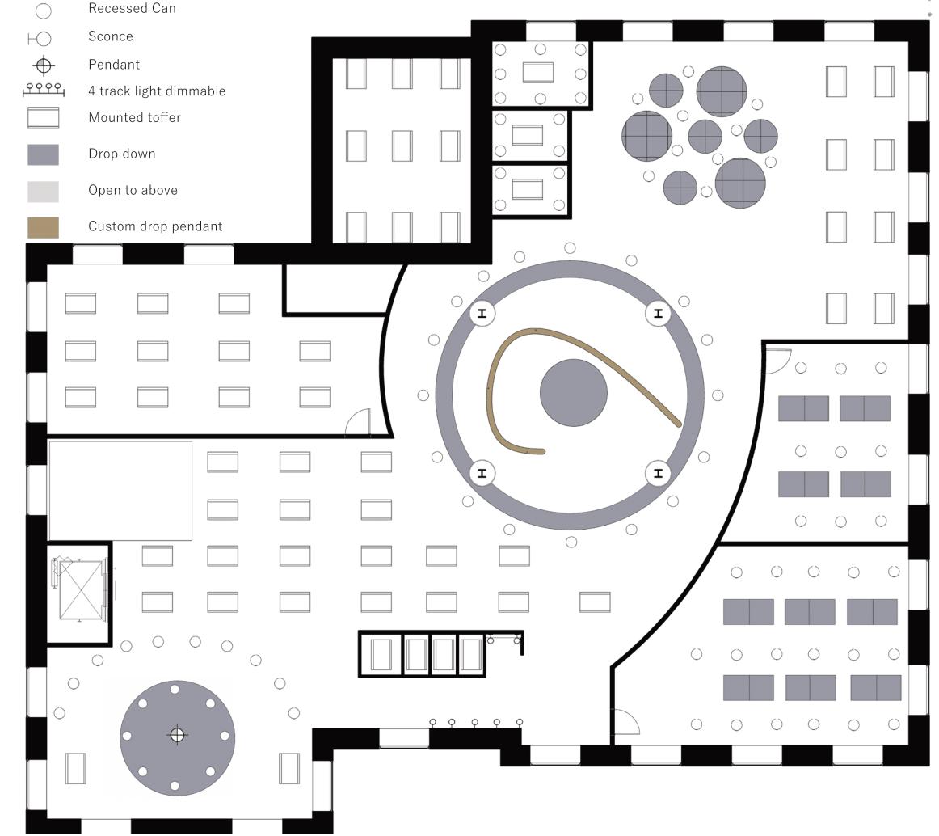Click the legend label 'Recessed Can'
[132, 9]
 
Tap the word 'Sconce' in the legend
[111, 36]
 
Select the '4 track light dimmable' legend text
[157, 91]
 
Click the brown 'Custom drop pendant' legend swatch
[44, 227]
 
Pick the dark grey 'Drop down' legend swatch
[44, 154]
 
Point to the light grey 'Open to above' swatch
[44, 191]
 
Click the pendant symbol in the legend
[44, 65]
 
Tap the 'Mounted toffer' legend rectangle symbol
[44, 118]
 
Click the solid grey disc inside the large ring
[573, 393]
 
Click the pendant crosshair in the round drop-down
[178, 735]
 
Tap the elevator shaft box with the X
[81, 590]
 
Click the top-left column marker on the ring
[482, 313]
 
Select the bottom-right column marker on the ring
[658, 473]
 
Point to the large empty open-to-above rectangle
[120, 491]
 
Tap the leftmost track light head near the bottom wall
[432, 722]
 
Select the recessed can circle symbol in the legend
[44, 11]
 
